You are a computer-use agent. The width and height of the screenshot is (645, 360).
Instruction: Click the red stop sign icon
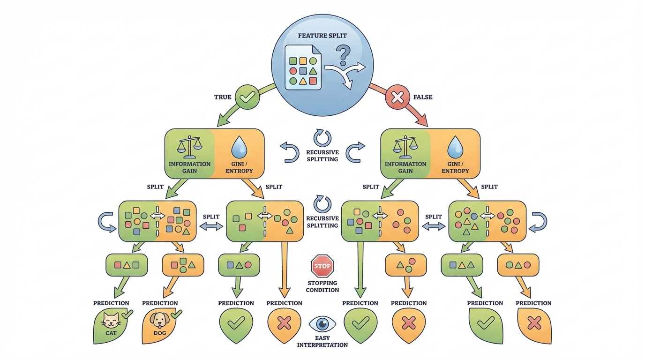point(322,266)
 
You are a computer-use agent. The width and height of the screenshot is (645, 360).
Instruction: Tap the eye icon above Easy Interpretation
point(322,324)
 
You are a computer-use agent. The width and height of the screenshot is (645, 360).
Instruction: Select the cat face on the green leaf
point(111,321)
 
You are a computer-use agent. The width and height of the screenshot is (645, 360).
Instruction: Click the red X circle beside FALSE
point(397,97)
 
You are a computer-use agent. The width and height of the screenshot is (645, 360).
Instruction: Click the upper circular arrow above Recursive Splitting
point(322,138)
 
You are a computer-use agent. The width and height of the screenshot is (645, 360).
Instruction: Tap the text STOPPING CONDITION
point(322,286)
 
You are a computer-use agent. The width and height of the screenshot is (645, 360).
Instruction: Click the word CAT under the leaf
point(111,333)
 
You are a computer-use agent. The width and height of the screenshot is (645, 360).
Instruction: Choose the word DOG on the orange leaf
point(159,333)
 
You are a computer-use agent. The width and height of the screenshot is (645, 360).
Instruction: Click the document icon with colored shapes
point(303,67)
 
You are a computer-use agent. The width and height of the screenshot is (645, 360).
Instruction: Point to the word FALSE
point(423,97)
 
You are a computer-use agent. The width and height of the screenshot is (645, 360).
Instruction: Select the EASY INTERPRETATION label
point(322,341)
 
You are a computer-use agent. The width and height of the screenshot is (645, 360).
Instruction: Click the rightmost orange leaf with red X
point(534,324)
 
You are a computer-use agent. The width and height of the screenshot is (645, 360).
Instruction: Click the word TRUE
point(223,97)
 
